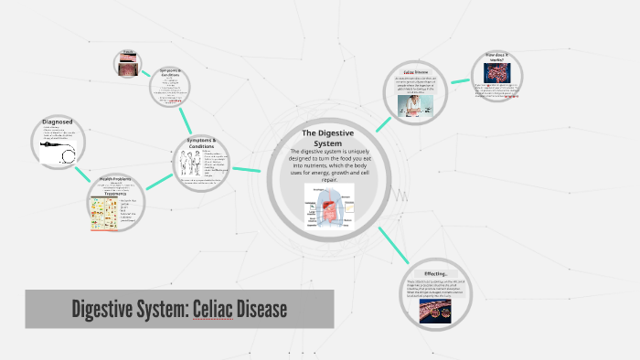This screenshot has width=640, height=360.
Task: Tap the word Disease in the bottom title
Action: [x=264, y=310]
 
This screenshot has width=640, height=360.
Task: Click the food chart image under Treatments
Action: [x=103, y=214]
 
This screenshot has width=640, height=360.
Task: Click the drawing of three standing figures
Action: [x=189, y=166]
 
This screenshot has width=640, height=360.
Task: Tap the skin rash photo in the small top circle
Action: [x=126, y=64]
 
